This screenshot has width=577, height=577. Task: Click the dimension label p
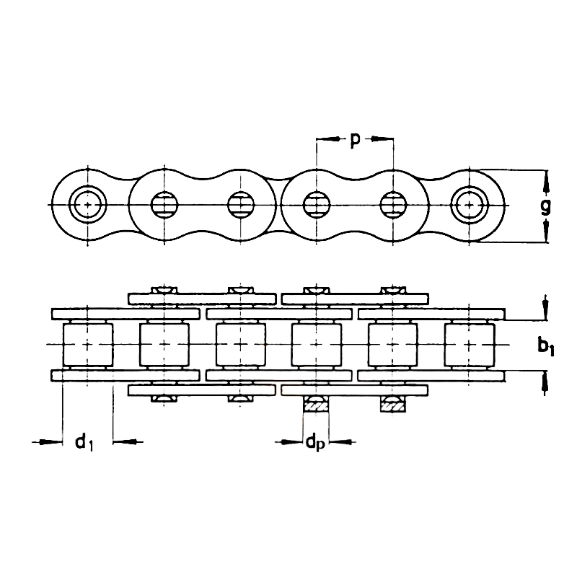354,141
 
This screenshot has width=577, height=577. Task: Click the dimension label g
546,208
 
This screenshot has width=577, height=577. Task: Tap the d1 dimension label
84,442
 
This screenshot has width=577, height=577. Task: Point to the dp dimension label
315,443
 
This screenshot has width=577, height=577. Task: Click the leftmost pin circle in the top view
87,205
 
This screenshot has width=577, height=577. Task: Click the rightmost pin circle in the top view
470,205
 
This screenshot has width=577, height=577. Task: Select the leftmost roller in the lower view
88,345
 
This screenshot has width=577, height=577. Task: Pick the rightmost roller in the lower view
470,345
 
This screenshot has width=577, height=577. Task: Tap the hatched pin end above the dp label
316,406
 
